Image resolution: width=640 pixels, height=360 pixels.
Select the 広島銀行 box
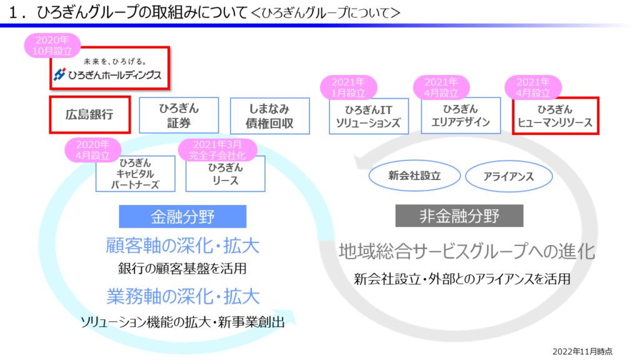coord(89,115)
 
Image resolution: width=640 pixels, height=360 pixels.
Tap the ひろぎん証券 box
coord(179,116)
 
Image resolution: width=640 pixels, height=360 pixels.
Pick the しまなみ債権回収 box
coord(270,116)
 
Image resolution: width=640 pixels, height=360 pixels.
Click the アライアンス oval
coord(508,177)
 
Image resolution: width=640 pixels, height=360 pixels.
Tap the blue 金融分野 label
coord(182,216)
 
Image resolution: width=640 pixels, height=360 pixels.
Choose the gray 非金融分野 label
coord(459,216)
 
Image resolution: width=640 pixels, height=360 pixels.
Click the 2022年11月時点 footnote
coord(582,351)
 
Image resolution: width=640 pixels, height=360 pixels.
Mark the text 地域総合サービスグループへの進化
coord(466,251)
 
